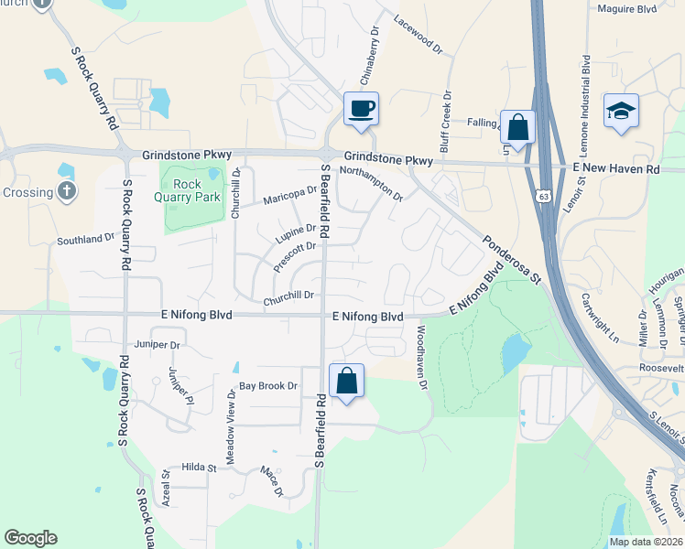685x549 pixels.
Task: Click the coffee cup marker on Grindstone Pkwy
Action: pos(361,109)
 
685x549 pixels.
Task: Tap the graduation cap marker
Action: pos(621,112)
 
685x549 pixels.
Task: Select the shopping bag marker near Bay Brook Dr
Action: pos(347,381)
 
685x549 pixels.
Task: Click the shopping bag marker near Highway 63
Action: pos(517,128)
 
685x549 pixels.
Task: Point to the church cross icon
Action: pos(66,191)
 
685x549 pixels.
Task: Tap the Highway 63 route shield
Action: pos(545,196)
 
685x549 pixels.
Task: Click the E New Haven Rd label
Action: pos(616,170)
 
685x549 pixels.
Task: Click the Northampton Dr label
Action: pos(371,182)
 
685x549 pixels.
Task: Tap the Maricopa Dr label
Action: pos(289,196)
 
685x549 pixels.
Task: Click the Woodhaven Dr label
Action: pos(422,358)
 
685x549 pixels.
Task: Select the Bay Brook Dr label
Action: pos(269,387)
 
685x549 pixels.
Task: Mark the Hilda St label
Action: pos(199,468)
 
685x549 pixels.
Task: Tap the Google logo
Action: pos(30,538)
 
